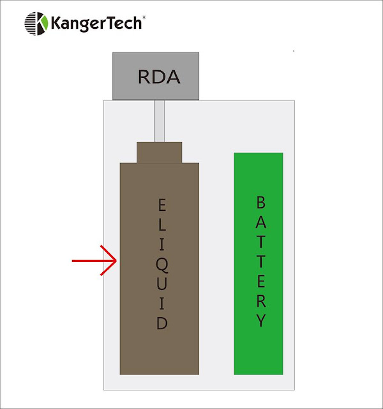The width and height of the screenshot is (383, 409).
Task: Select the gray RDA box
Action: (x=156, y=76)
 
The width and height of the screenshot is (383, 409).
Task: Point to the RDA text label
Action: (x=159, y=77)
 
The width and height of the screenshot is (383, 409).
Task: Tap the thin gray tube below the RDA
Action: (x=160, y=121)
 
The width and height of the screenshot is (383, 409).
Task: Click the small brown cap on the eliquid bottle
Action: (x=160, y=152)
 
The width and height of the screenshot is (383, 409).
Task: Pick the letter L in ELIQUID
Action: (x=162, y=224)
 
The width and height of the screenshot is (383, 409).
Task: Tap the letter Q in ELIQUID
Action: (x=162, y=264)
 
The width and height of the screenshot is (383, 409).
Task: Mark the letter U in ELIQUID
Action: (x=162, y=284)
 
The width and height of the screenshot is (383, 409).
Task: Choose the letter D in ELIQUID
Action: (x=162, y=323)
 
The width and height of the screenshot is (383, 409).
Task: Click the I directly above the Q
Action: (x=162, y=244)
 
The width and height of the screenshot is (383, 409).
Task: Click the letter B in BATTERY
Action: (x=260, y=203)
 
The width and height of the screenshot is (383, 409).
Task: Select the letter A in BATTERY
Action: (x=260, y=222)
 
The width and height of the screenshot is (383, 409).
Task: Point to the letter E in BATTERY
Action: (x=260, y=281)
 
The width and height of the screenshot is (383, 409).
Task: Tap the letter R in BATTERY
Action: (x=260, y=300)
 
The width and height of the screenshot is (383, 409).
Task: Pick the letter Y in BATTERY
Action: (x=260, y=320)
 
